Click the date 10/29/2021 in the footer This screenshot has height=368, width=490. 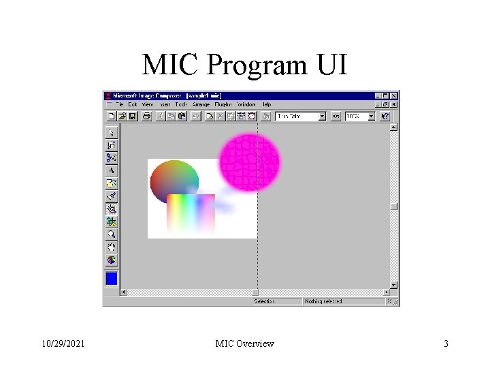tap(63, 343)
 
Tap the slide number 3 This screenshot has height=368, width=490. tap(446, 343)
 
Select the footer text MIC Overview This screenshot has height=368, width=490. tap(244, 343)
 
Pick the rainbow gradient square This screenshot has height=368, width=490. tap(191, 213)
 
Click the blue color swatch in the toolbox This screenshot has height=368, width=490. tap(112, 278)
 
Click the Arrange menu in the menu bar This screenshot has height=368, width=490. tap(201, 104)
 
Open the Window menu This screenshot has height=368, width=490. tap(246, 104)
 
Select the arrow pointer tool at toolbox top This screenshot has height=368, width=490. tap(112, 132)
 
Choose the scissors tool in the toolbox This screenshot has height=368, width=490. tap(112, 157)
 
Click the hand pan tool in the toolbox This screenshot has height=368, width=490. tap(112, 247)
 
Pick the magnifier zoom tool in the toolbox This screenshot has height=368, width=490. tap(112, 234)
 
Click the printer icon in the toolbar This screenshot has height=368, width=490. tap(146, 117)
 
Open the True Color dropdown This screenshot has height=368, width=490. tap(323, 117)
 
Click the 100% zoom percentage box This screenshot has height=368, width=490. tap(356, 117)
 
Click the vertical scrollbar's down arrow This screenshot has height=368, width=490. tap(393, 284)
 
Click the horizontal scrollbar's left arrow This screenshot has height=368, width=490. tap(124, 292)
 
